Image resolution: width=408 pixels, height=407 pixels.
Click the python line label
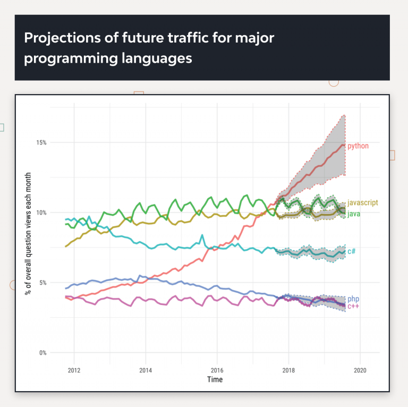[358, 146]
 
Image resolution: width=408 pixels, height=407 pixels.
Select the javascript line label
[363, 203]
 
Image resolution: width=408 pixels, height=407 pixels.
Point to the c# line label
[351, 251]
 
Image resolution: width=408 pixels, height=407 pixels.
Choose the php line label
[353, 299]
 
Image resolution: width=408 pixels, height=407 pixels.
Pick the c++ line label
[353, 307]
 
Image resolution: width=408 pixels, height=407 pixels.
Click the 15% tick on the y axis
[41, 142]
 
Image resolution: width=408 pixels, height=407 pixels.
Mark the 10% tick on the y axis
[41, 213]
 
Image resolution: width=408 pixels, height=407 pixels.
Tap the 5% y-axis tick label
[42, 283]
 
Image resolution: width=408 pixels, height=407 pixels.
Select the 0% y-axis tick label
[42, 353]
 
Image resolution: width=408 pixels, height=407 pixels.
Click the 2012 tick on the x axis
[74, 370]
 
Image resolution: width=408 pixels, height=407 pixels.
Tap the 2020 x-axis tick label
[360, 370]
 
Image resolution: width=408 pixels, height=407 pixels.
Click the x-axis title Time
[215, 379]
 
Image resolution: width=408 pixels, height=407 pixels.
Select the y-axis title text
[28, 233]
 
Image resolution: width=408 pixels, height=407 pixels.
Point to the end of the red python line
[345, 145]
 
